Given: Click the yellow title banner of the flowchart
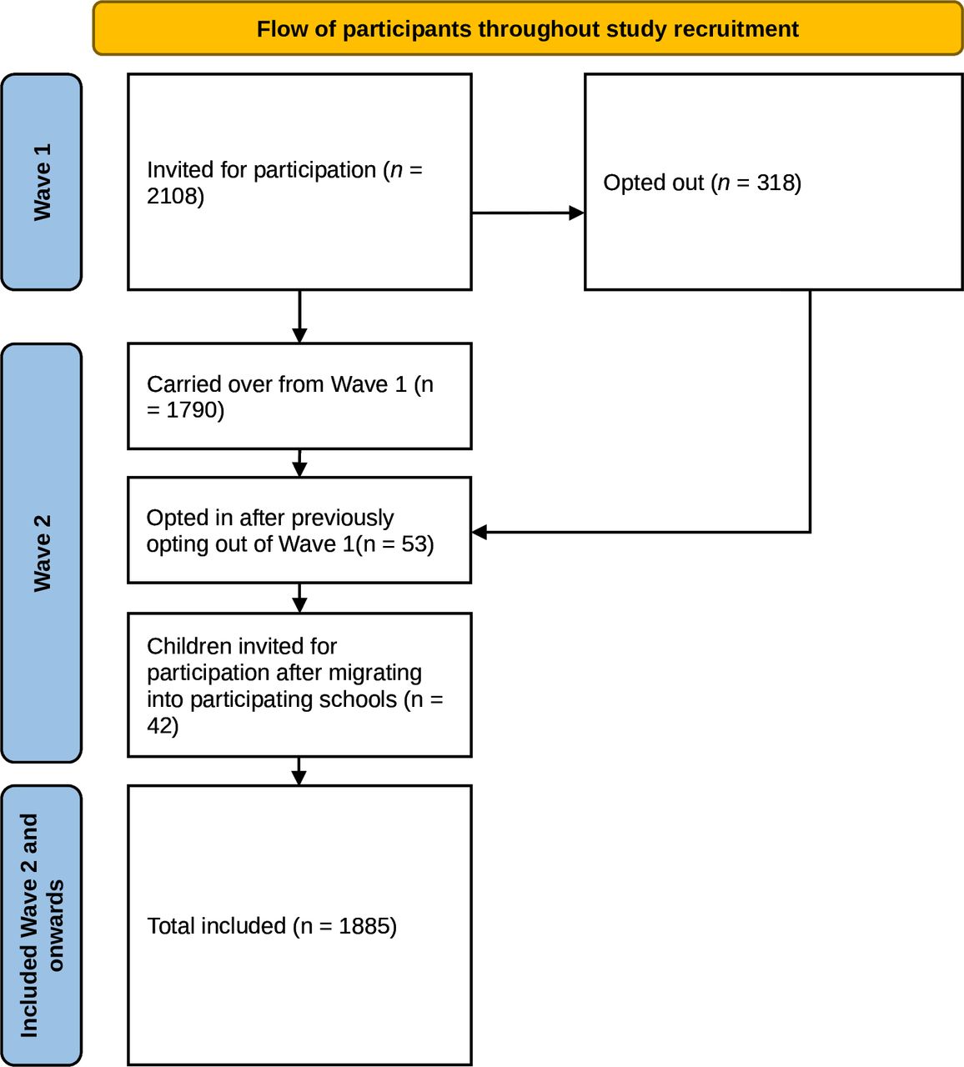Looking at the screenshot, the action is tap(528, 28).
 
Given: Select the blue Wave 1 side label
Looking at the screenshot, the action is tap(42, 182).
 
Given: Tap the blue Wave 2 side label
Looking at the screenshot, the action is tap(42, 553).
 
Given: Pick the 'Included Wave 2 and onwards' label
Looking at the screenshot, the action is tap(42, 925).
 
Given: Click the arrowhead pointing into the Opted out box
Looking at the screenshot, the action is tap(576, 213).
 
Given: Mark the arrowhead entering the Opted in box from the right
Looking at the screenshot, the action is tap(479, 532).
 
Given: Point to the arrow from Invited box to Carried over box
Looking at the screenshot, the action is tap(299, 317).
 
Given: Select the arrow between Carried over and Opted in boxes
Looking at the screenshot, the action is tap(299, 463).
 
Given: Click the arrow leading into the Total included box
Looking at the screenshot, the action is tap(299, 771).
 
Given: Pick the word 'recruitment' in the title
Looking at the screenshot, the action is tap(736, 28).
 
